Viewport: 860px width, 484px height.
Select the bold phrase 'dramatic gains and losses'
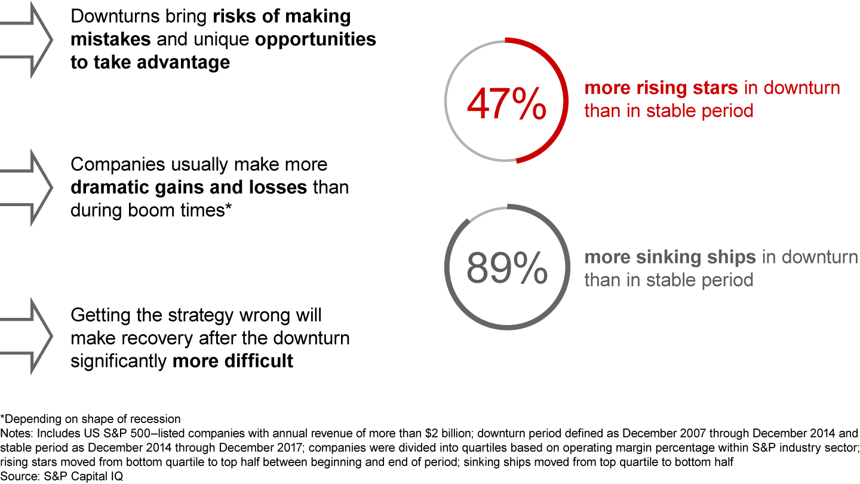pyautogui.click(x=189, y=187)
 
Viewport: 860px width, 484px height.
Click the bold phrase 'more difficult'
pyautogui.click(x=232, y=361)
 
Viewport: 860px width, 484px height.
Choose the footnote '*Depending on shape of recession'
pyautogui.click(x=90, y=418)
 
